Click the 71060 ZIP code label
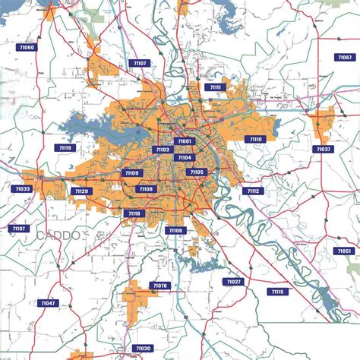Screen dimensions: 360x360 click(x=26, y=48)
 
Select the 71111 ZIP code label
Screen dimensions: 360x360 click(x=215, y=87)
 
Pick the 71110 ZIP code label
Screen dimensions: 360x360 click(x=255, y=139)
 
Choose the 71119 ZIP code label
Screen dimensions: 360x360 click(x=65, y=149)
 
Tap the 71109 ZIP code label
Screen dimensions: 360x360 click(x=132, y=173)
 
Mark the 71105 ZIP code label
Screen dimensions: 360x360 click(x=197, y=172)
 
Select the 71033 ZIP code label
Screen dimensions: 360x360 click(x=22, y=189)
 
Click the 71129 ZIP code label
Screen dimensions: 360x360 click(x=81, y=191)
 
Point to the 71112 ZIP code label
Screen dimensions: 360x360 click(x=253, y=191)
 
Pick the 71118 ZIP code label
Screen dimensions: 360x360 click(x=134, y=213)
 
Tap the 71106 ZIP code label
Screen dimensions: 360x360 click(x=175, y=230)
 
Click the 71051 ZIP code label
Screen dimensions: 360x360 click(x=343, y=251)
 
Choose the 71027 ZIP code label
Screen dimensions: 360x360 click(x=233, y=282)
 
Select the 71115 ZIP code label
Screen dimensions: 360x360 click(x=276, y=292)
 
